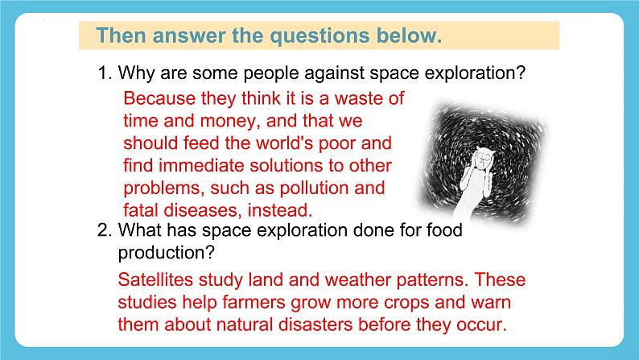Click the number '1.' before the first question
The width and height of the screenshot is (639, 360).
click(105, 74)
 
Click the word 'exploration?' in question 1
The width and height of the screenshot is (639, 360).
click(476, 74)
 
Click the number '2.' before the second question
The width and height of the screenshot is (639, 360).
click(105, 230)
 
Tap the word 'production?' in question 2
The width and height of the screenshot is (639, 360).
click(166, 252)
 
